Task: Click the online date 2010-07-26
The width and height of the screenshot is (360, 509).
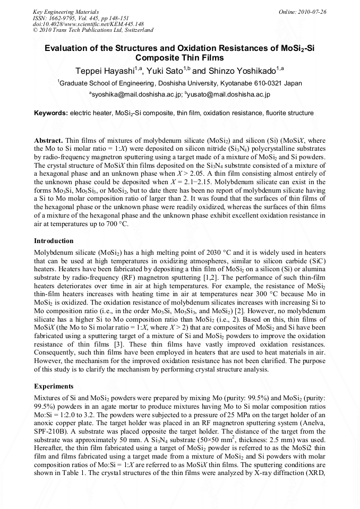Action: pyautogui.click(x=311, y=11)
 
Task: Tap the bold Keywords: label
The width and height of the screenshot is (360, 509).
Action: pyautogui.click(x=51, y=113)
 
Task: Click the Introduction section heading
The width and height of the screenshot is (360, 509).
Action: pyautogui.click(x=54, y=240)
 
